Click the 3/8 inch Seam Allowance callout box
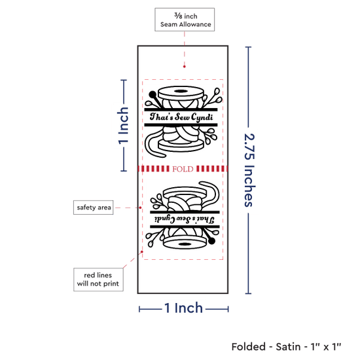(x=185, y=20)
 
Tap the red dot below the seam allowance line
(x=185, y=67)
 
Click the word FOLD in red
(x=183, y=169)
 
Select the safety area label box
(x=93, y=207)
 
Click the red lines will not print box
(x=98, y=279)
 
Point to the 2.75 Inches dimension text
(x=249, y=170)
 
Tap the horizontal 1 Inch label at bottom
(x=184, y=308)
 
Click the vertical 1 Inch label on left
(x=123, y=126)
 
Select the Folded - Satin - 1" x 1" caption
(x=286, y=347)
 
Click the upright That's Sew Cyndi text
(x=181, y=117)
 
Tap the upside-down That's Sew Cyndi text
(x=185, y=219)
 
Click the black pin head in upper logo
(x=153, y=94)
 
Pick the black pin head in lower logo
(x=211, y=241)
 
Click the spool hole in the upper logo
(x=181, y=91)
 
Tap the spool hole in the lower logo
(x=185, y=244)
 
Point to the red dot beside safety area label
(x=140, y=207)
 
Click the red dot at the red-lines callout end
(x=142, y=252)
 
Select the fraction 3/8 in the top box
(x=178, y=16)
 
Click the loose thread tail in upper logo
(x=154, y=144)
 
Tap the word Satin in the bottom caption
(x=288, y=347)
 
